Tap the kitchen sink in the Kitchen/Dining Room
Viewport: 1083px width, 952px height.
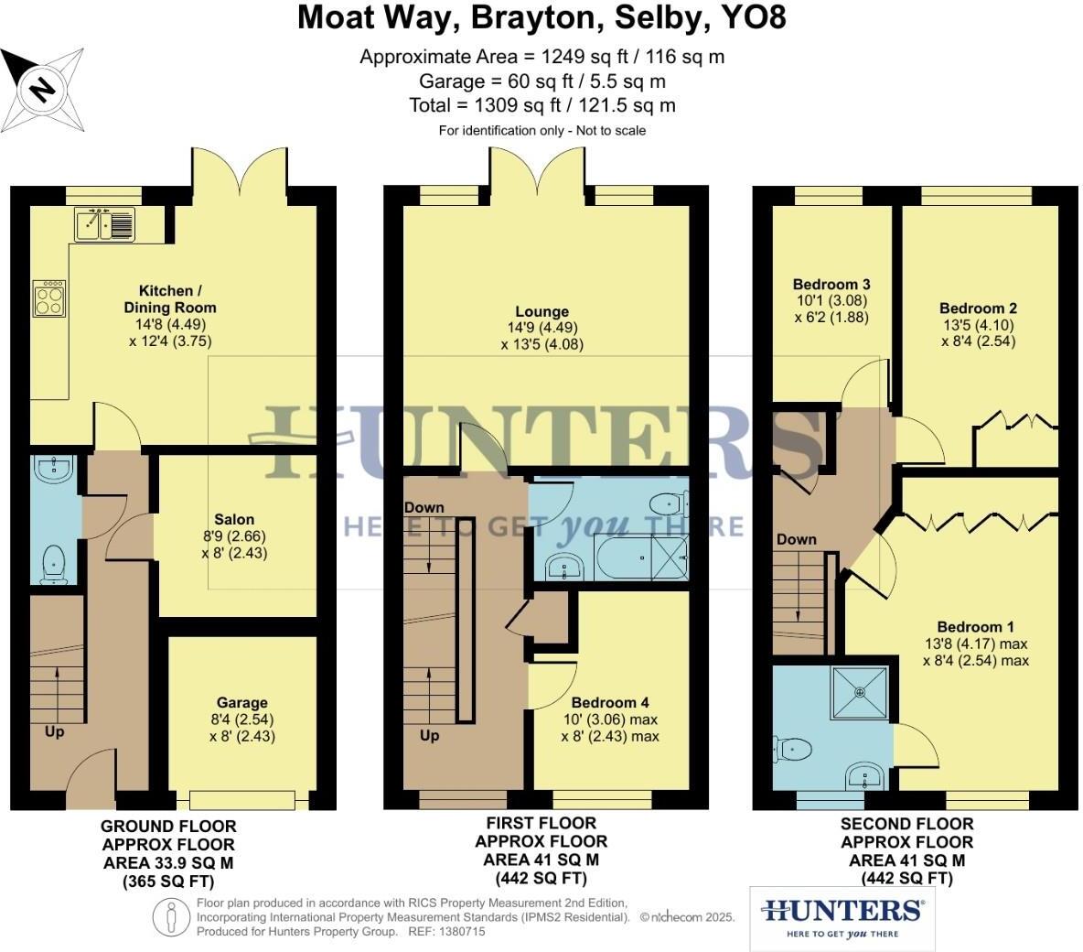coord(105,223)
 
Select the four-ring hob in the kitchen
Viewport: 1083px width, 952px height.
coord(49,298)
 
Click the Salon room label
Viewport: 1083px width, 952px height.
coord(235,519)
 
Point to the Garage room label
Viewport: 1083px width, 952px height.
coord(241,703)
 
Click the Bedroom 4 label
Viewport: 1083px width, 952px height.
coord(610,702)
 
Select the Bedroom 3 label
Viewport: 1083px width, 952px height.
coord(831,284)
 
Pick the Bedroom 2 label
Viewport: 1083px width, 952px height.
coord(978,308)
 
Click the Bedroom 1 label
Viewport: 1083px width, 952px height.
coord(975,627)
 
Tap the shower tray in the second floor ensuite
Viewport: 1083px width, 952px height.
coord(860,693)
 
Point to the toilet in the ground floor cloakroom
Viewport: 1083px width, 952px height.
coord(54,561)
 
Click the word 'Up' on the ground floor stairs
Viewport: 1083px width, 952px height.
coord(54,731)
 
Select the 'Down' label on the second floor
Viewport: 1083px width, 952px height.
coord(796,539)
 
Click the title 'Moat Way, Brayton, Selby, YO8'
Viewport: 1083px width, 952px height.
coord(541,18)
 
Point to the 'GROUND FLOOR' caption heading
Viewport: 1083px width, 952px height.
coord(168,827)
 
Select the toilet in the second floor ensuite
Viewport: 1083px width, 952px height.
coord(792,750)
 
